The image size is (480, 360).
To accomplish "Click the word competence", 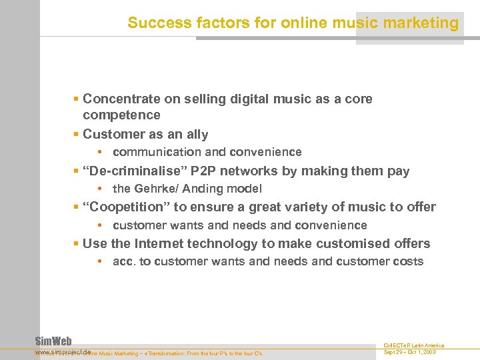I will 121,115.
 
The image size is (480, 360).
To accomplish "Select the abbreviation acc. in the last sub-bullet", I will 123,261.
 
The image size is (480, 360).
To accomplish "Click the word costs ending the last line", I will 408,261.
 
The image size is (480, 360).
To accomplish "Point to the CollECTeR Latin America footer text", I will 413,345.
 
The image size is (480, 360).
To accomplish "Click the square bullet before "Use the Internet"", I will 76,243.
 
